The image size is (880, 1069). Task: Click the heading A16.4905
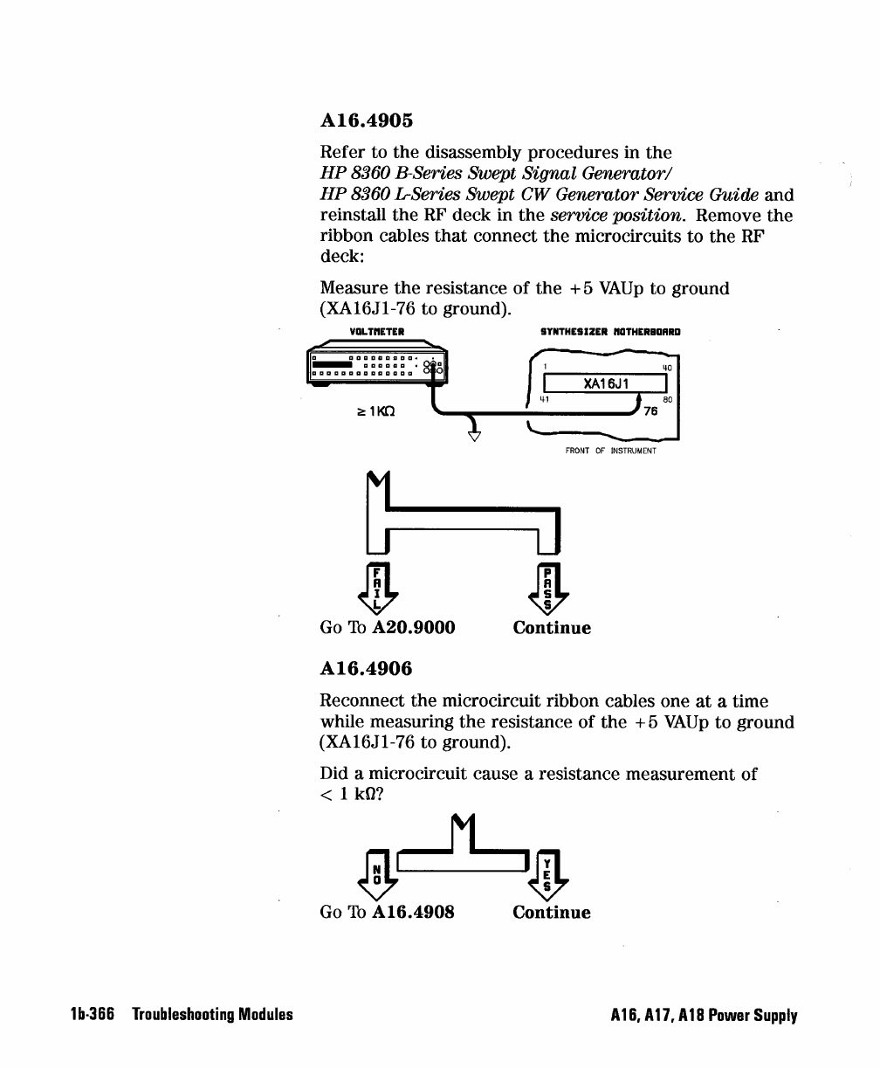(368, 121)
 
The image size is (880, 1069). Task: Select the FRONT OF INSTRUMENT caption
(610, 452)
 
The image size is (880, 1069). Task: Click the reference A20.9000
(414, 628)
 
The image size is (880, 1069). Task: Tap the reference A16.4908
(414, 913)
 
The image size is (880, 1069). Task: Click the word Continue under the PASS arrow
(552, 628)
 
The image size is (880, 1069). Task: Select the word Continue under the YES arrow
(552, 913)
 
